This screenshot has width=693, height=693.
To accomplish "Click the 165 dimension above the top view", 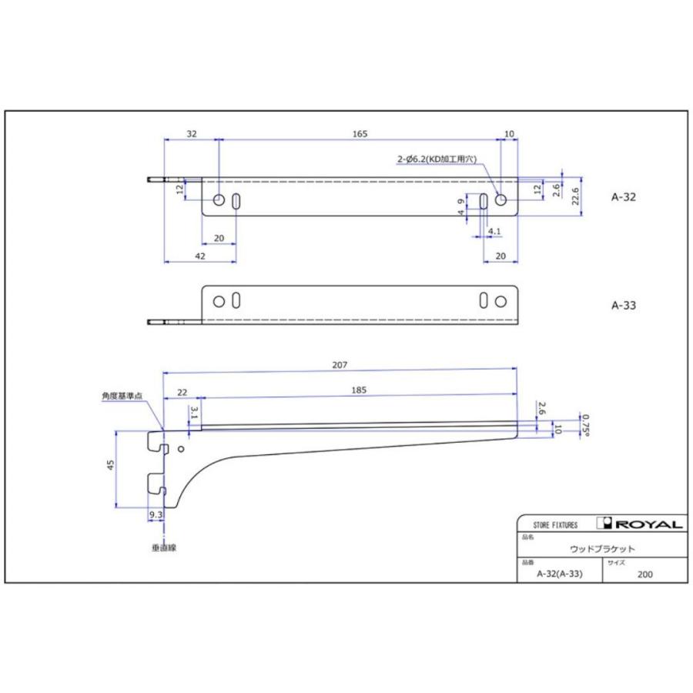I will pos(360,133).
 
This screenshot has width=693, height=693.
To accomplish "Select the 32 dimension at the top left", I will pos(192,133).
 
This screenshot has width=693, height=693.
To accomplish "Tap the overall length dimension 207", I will pos(340,365).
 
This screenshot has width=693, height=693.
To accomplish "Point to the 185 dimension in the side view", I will pos(359,390).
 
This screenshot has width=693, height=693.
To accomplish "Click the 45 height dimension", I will pos(111,464).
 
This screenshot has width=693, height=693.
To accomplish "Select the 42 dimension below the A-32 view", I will pos(199,256).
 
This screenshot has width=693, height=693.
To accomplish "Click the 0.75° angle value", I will pos(585,423).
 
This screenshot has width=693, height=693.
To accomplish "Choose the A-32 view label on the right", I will pos(624,196).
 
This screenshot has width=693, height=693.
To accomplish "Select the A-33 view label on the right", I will pos(624,305).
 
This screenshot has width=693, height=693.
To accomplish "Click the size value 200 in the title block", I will pos(644,574).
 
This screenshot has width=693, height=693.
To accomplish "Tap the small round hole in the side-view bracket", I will pos(181,448).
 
